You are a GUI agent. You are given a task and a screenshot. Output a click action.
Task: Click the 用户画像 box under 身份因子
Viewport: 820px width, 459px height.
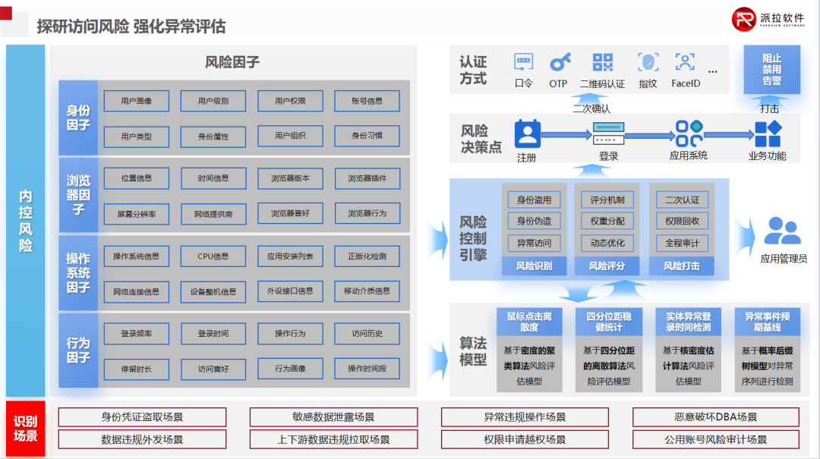[x=137, y=101]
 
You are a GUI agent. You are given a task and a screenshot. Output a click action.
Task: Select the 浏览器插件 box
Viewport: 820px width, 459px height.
[x=367, y=178]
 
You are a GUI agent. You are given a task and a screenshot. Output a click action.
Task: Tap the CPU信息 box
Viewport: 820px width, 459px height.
[x=213, y=256]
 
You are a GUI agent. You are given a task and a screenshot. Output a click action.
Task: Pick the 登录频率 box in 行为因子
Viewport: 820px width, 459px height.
[x=137, y=333]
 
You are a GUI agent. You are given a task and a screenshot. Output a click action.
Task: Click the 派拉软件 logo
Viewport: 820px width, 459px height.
[x=767, y=20]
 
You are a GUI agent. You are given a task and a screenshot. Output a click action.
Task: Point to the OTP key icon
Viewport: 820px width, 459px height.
[x=560, y=62]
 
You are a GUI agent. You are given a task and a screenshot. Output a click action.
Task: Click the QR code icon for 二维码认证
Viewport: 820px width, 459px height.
[x=602, y=62]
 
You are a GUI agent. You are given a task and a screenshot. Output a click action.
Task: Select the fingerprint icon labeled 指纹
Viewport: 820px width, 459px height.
[x=648, y=62]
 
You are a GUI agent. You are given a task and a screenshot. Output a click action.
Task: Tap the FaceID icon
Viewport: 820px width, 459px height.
[x=685, y=62]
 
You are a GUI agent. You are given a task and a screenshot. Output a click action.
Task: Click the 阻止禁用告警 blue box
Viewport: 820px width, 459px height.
[x=771, y=69]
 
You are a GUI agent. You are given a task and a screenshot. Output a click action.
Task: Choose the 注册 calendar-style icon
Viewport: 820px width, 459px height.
[x=526, y=134]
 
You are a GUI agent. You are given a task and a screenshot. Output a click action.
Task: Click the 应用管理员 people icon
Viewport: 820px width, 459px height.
[x=783, y=231]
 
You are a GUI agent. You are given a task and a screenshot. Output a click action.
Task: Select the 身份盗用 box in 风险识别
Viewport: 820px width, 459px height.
[x=535, y=200]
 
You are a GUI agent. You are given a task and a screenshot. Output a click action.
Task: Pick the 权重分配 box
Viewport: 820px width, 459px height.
[x=607, y=222]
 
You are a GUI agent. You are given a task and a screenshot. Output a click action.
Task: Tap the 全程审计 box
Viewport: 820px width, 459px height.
[x=682, y=244]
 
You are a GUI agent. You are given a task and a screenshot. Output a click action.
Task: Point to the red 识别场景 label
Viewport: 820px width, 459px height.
[x=25, y=429]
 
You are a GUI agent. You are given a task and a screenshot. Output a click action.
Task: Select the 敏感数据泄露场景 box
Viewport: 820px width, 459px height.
[x=333, y=417]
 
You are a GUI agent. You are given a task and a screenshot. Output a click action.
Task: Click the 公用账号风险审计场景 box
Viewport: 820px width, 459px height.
[x=716, y=439]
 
